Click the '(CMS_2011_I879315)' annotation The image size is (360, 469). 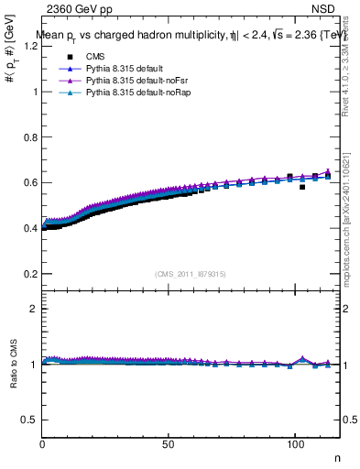(x=191, y=274)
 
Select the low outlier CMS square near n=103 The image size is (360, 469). (x=302, y=187)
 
